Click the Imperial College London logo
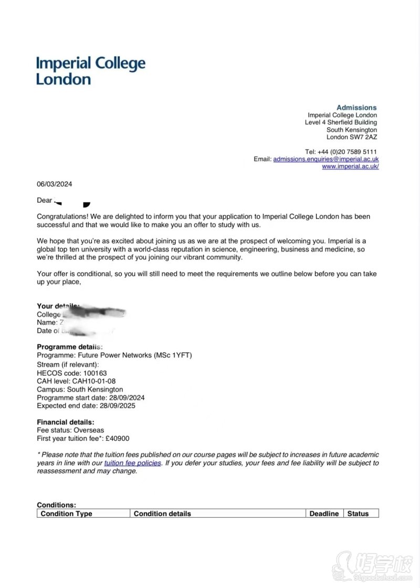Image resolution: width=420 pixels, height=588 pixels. (90, 71)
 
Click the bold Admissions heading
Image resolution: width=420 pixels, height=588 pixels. (356, 107)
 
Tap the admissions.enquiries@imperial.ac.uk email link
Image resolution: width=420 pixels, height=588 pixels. (325, 159)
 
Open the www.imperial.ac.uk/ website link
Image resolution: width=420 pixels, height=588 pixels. (350, 166)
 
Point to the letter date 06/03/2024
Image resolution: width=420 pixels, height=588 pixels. (54, 184)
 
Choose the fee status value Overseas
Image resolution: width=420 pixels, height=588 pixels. (89, 430)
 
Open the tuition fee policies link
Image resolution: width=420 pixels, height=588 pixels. (132, 463)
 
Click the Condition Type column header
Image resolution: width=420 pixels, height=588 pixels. (66, 514)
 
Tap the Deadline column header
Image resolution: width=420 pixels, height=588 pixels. (324, 514)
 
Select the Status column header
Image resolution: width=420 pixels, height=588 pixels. (358, 514)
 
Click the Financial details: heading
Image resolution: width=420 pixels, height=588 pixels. (66, 422)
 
